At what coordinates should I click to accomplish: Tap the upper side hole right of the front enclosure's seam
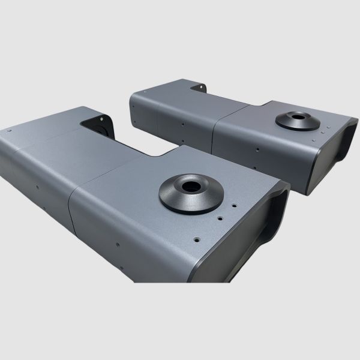[118, 245]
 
